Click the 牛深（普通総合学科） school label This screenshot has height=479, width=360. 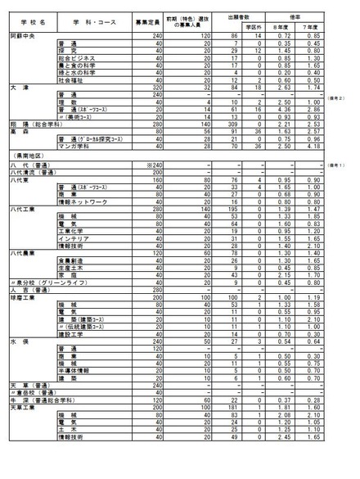pyautogui.click(x=39, y=419)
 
